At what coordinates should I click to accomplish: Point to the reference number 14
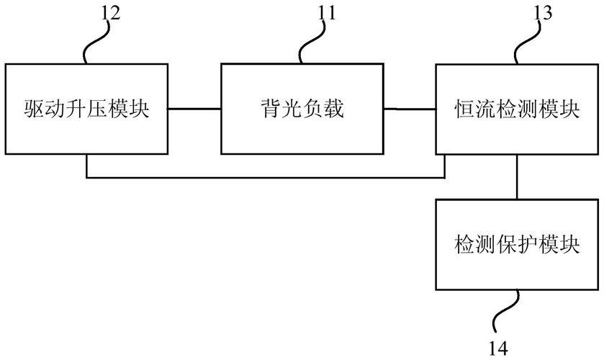point(498,348)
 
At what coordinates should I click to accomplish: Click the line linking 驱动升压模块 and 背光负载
point(194,109)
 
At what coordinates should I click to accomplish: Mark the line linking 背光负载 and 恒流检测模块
point(410,109)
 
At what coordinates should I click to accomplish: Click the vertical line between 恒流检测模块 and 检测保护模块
point(517,177)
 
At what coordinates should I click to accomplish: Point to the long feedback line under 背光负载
point(266,178)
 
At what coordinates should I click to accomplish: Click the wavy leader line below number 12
point(96,42)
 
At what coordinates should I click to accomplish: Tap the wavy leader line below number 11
point(312,42)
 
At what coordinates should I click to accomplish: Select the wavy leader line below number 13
point(528,42)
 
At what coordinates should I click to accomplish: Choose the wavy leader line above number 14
point(506,315)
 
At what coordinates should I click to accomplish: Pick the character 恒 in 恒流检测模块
point(465,109)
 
